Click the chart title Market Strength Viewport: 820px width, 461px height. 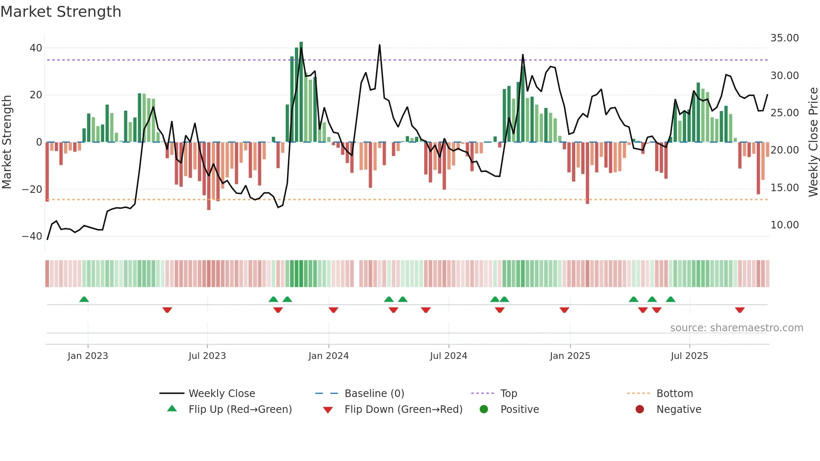click(61, 12)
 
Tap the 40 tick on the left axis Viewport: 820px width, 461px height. click(36, 48)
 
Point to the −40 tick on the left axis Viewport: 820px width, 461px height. click(32, 236)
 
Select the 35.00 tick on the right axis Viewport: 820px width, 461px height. click(784, 38)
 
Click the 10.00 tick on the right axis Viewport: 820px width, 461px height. click(784, 225)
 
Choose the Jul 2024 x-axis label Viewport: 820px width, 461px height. click(448, 356)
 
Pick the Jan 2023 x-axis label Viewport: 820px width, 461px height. click(88, 356)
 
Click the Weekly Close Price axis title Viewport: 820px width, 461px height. click(813, 142)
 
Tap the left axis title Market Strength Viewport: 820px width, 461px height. click(7, 142)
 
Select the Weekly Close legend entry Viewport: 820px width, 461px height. click(221, 394)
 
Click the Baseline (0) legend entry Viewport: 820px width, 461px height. click(374, 394)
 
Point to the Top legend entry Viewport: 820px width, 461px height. click(508, 394)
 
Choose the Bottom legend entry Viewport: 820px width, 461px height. click(674, 394)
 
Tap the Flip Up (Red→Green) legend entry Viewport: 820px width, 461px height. click(240, 410)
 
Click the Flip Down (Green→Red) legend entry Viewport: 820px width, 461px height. click(403, 410)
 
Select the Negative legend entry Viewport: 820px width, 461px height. click(678, 410)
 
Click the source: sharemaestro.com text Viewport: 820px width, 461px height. click(736, 328)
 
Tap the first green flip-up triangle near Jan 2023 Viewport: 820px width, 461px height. click(84, 300)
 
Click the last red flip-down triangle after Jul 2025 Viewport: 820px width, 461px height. click(740, 310)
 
